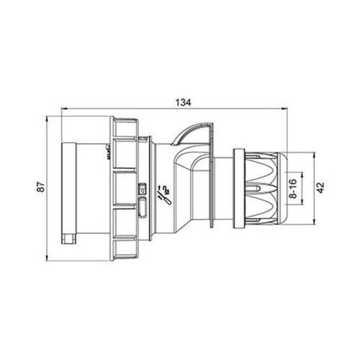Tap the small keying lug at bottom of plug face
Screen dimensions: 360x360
(x=68, y=239)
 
